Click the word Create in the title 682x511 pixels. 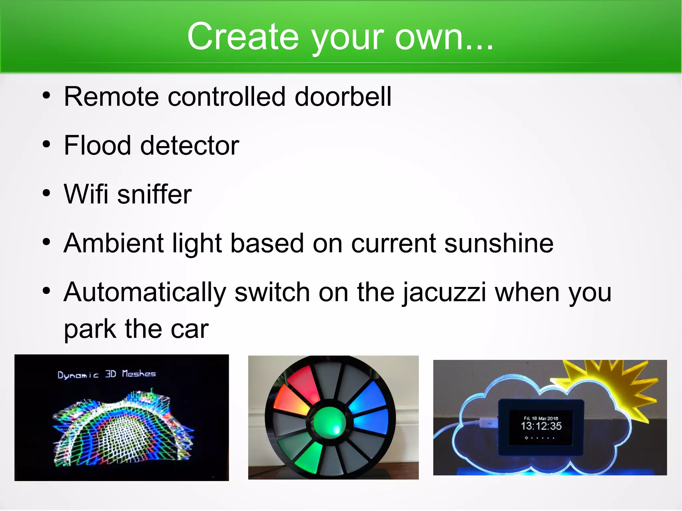pos(243,37)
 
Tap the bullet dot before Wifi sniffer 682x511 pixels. pos(47,193)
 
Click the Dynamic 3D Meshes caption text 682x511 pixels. pos(107,374)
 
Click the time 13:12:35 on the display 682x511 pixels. pos(541,426)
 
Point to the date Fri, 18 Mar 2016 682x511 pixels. pos(541,418)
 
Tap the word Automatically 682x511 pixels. pos(145,292)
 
